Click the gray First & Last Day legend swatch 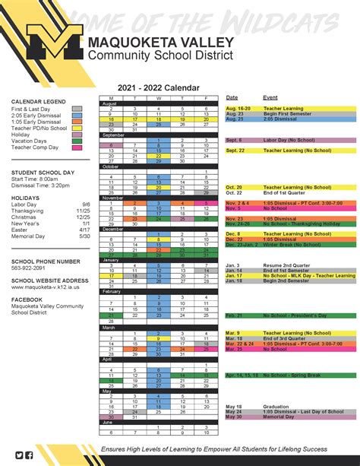pos(77,109)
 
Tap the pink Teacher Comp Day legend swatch pos(77,147)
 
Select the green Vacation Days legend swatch pos(77,140)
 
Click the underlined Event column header pos(270,97)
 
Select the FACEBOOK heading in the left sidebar pos(28,300)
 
